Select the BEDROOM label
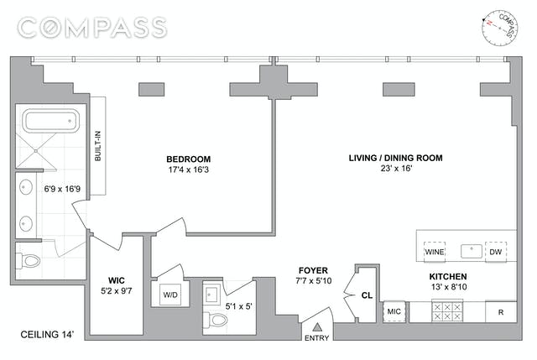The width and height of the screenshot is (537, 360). pyautogui.click(x=188, y=159)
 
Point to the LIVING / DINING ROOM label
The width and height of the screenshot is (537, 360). pyautogui.click(x=395, y=158)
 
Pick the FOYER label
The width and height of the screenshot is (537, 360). pyautogui.click(x=311, y=270)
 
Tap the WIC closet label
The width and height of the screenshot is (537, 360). pyautogui.click(x=117, y=280)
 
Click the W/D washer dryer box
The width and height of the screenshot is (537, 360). pyautogui.click(x=169, y=295)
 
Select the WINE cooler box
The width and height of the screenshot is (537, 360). pyautogui.click(x=434, y=252)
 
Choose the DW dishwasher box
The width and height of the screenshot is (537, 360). pyautogui.click(x=496, y=252)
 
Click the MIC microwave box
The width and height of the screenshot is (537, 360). pyautogui.click(x=394, y=312)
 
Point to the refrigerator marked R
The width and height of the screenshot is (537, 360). pyautogui.click(x=500, y=312)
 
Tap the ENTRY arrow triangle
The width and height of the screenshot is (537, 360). pyautogui.click(x=317, y=328)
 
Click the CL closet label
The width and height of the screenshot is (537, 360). pyautogui.click(x=367, y=295)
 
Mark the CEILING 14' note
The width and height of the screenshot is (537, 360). pyautogui.click(x=47, y=335)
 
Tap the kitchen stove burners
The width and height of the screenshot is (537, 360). pyautogui.click(x=446, y=312)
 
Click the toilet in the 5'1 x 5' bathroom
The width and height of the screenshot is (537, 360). pyautogui.click(x=215, y=319)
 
